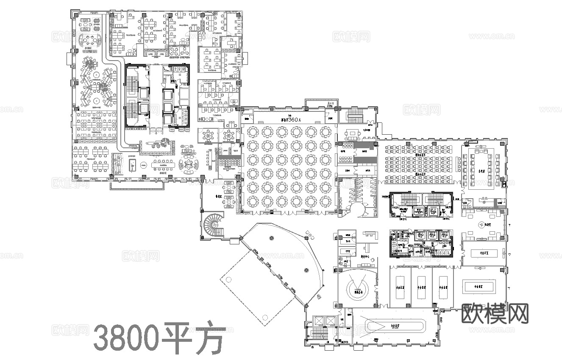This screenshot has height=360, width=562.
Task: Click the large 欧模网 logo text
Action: (x=495, y=314)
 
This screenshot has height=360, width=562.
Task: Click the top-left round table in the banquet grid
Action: (x=253, y=132)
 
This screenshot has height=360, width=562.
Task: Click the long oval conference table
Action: (x=397, y=326)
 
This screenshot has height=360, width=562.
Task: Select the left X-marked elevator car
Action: (x=317, y=321)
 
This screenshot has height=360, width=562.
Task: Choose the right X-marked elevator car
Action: (x=328, y=321)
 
